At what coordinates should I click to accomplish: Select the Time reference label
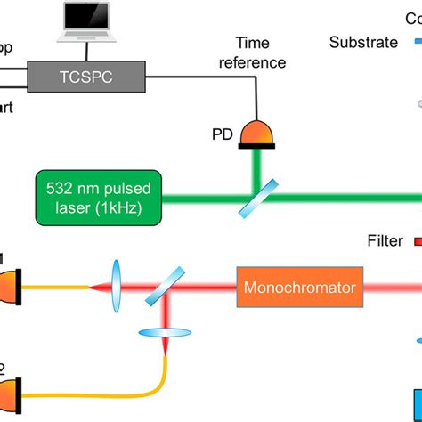pyautogui.click(x=259, y=53)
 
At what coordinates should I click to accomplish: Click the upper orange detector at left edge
pyautogui.click(x=7, y=288)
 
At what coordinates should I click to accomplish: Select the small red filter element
pyautogui.click(x=414, y=240)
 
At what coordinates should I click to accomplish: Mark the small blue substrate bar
pyautogui.click(x=415, y=40)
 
